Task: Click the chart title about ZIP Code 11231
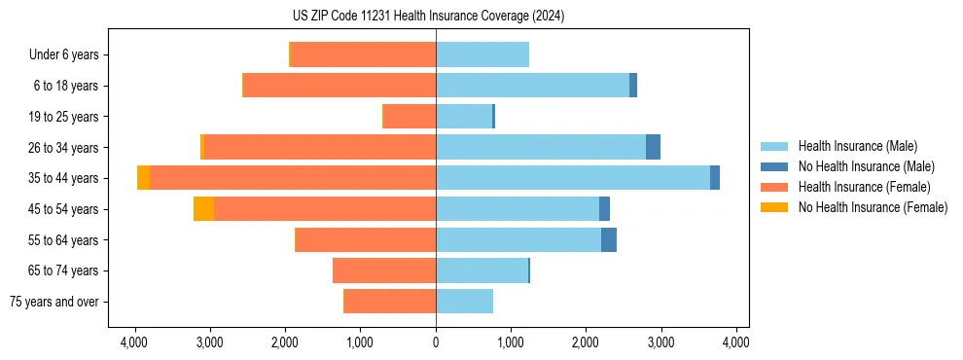click(428, 16)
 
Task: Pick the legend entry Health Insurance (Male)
click(856, 146)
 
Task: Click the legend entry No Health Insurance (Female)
click(872, 207)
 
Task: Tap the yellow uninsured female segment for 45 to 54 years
click(203, 208)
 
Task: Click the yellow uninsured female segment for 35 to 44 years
click(143, 178)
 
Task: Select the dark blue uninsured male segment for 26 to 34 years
click(653, 147)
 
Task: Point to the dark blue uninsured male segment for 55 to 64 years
click(609, 239)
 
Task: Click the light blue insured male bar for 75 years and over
click(464, 302)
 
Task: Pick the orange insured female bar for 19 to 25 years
click(410, 117)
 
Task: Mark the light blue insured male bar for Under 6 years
click(482, 54)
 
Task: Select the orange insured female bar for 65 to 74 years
click(384, 270)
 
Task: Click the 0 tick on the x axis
click(436, 342)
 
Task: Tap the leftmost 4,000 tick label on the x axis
click(134, 342)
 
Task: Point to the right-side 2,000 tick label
click(586, 342)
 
